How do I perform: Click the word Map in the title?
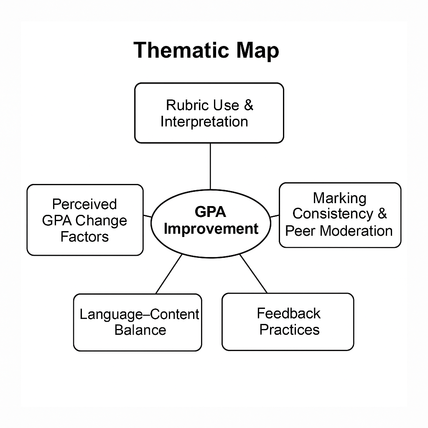[x=257, y=51]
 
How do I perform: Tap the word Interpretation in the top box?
[x=204, y=122]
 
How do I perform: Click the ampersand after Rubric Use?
[x=249, y=105]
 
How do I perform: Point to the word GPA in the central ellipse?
[x=211, y=212]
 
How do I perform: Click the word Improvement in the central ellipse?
[x=211, y=229]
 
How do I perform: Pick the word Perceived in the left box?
[x=84, y=204]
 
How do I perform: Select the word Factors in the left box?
[x=84, y=237]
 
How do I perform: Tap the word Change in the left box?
[x=101, y=221]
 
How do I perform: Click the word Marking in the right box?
[x=339, y=199]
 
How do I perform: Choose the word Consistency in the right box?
[x=333, y=214]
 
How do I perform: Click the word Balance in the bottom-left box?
[x=140, y=330]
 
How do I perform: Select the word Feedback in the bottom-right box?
[x=289, y=313]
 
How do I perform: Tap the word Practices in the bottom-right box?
[x=289, y=330]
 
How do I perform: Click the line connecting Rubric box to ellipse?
[x=210, y=166]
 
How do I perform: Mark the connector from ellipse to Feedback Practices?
[x=253, y=274]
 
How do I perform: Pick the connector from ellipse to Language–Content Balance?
[x=169, y=274]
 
